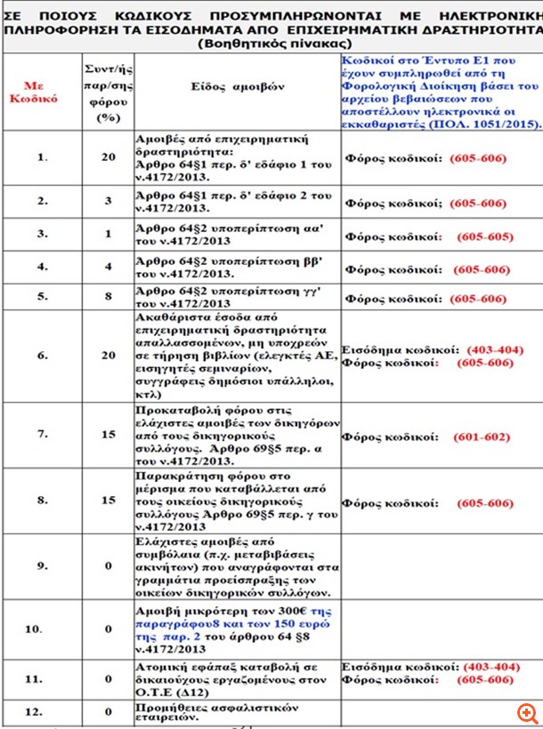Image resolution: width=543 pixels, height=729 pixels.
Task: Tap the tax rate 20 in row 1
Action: coord(108,157)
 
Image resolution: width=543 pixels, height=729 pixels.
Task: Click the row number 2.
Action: coord(41,202)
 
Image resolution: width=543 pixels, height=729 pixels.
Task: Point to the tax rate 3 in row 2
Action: coord(108,202)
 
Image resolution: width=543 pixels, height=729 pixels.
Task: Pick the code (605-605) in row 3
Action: coord(485,236)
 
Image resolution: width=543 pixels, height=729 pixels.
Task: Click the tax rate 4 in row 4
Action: coord(108,267)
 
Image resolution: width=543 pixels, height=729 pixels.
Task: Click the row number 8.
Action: coord(41,501)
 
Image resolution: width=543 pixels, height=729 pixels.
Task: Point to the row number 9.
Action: coord(41,565)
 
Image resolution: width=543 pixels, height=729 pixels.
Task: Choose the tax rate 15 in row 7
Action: coord(108,437)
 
